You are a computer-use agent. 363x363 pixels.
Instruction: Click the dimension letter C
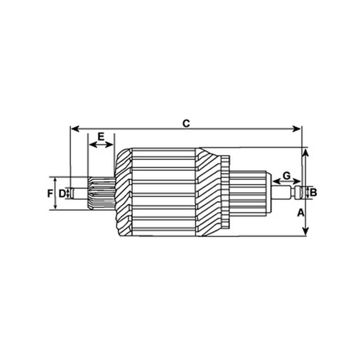point(186,123)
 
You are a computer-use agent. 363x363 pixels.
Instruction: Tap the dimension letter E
point(101,137)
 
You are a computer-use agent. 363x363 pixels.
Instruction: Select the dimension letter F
point(50,194)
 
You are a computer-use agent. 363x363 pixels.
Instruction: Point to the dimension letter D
point(62,194)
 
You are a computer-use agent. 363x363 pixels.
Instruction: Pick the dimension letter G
point(287,176)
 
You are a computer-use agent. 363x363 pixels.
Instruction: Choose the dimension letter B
point(313,192)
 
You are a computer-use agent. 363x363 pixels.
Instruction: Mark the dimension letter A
point(300,212)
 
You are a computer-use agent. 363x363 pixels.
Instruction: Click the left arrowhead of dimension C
point(75,129)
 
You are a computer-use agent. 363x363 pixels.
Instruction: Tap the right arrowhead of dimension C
point(297,129)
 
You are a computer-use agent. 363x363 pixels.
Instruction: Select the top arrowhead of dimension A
point(305,153)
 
